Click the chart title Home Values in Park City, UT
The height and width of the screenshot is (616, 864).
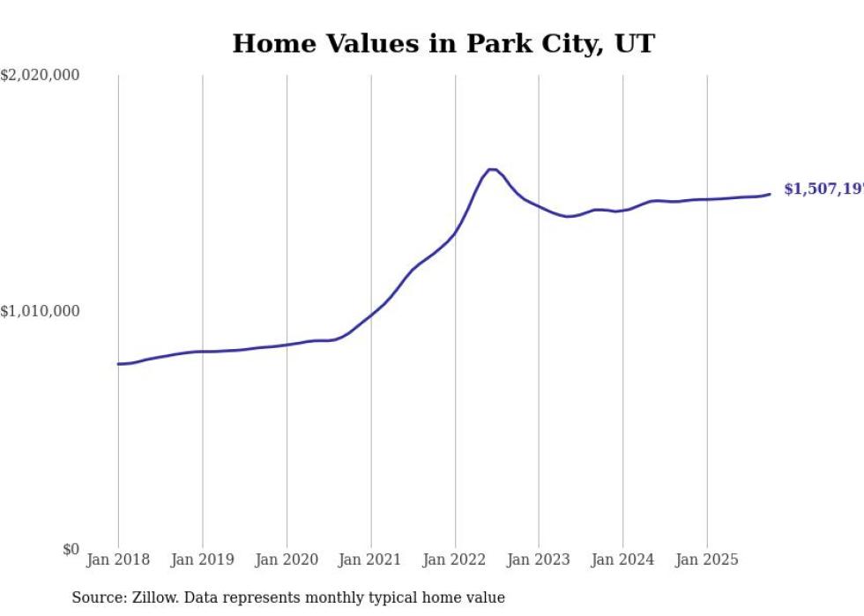coord(443,43)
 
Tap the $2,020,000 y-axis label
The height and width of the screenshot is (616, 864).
coord(40,76)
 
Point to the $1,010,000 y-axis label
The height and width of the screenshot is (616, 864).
coord(40,311)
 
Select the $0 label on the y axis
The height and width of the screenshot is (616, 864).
coord(71,550)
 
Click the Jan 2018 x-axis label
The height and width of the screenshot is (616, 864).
coord(118,560)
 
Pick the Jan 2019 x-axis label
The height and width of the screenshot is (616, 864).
coord(202,560)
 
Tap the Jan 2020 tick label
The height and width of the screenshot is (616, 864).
coord(287,560)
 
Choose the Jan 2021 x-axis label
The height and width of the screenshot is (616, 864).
coord(370,560)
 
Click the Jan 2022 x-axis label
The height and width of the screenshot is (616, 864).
coord(455,560)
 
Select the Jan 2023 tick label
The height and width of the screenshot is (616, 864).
coord(539,560)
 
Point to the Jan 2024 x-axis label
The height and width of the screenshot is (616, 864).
coord(622,560)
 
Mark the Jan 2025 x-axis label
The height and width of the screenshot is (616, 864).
coord(707,560)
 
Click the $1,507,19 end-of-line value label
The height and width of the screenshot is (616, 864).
coord(823,189)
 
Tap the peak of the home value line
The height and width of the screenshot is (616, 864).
coord(491,169)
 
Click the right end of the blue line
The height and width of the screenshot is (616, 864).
coord(770,194)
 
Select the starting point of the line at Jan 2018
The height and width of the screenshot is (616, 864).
coord(118,364)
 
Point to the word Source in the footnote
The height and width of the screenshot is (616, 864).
coord(96,598)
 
